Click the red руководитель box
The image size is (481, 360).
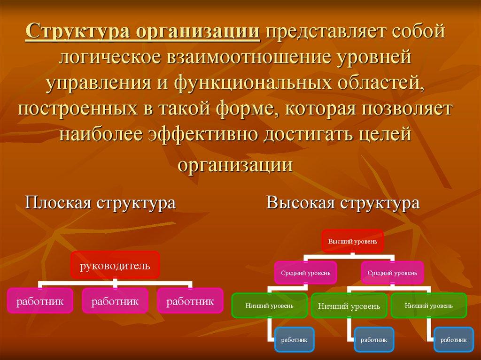click(115, 266)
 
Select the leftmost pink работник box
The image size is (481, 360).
click(40, 301)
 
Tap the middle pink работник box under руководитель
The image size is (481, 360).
click(115, 301)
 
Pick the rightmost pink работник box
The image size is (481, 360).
click(190, 301)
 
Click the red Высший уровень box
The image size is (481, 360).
click(352, 241)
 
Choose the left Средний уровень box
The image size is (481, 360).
click(306, 272)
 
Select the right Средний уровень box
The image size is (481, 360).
click(392, 272)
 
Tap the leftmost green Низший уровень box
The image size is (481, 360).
click(269, 306)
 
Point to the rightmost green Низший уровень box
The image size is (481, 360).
click(428, 306)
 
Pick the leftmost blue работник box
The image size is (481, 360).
click(294, 339)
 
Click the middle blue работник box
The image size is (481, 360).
click(374, 339)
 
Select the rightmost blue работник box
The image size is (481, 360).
click(454, 339)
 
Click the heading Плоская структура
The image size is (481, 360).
click(100, 203)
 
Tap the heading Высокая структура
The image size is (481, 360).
click(342, 203)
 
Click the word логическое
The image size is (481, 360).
click(109, 59)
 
